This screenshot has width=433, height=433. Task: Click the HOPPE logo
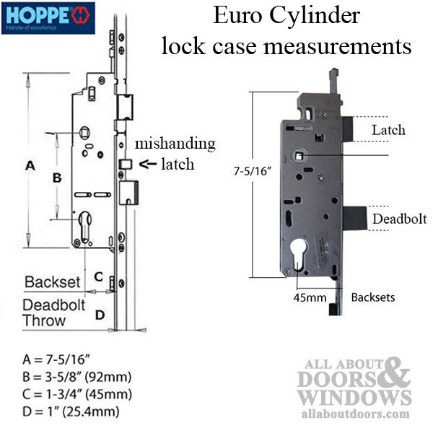[48, 15]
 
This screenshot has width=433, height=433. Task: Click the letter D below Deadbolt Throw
[100, 313]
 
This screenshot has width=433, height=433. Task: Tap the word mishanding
[173, 144]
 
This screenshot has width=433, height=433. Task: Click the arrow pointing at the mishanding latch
[146, 164]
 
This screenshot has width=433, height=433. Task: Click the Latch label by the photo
[388, 131]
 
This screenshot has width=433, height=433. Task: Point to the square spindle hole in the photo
[298, 154]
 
